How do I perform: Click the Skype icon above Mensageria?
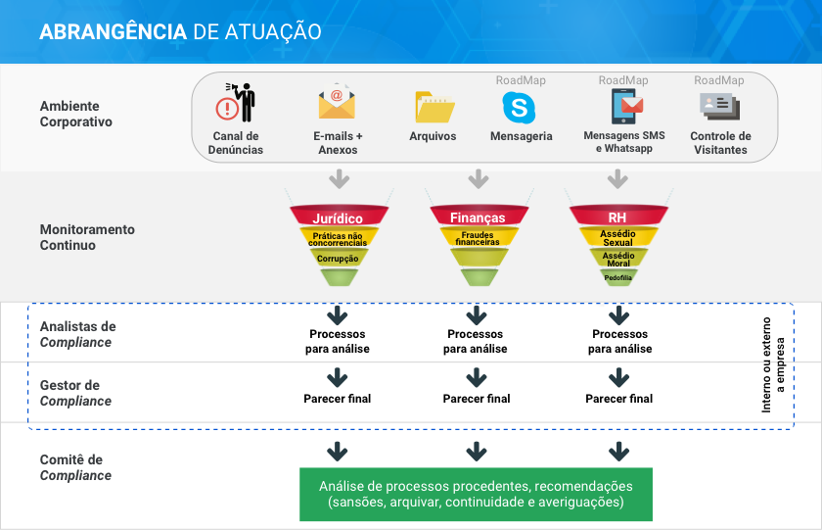point(519,108)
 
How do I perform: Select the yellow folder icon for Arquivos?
point(434,107)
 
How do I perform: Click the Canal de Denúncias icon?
point(236,102)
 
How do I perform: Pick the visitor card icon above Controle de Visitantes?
point(720,107)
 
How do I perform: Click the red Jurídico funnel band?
point(339,216)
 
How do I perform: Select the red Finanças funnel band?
point(479,216)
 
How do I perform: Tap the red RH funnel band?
point(618,216)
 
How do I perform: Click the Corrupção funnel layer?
point(339,258)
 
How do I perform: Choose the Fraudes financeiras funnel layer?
point(479,237)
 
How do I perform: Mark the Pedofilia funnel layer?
point(618,277)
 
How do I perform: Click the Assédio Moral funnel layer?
point(618,258)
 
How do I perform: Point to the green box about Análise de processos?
point(476,495)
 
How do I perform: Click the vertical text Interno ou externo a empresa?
point(773,364)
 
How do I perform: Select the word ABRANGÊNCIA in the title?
point(114,31)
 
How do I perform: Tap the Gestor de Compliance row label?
point(75,393)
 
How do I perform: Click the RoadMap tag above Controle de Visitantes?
point(718,80)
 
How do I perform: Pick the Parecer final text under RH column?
point(619,399)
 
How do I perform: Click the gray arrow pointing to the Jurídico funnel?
point(340,179)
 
